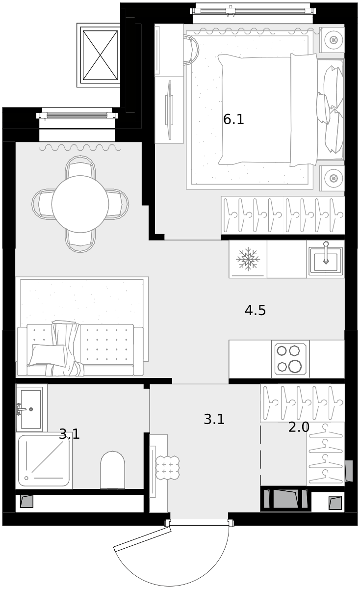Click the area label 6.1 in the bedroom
[233, 119]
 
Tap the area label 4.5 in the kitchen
[255, 310]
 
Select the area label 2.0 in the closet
[299, 427]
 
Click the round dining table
[80, 204]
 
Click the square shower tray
[44, 460]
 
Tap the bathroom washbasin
[31, 409]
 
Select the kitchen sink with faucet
[326, 259]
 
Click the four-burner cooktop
[290, 359]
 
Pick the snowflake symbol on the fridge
[248, 259]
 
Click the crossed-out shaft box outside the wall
[100, 55]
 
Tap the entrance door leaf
[142, 540]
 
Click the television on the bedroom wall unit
[170, 110]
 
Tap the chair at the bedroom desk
[191, 50]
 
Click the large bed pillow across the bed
[304, 109]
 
